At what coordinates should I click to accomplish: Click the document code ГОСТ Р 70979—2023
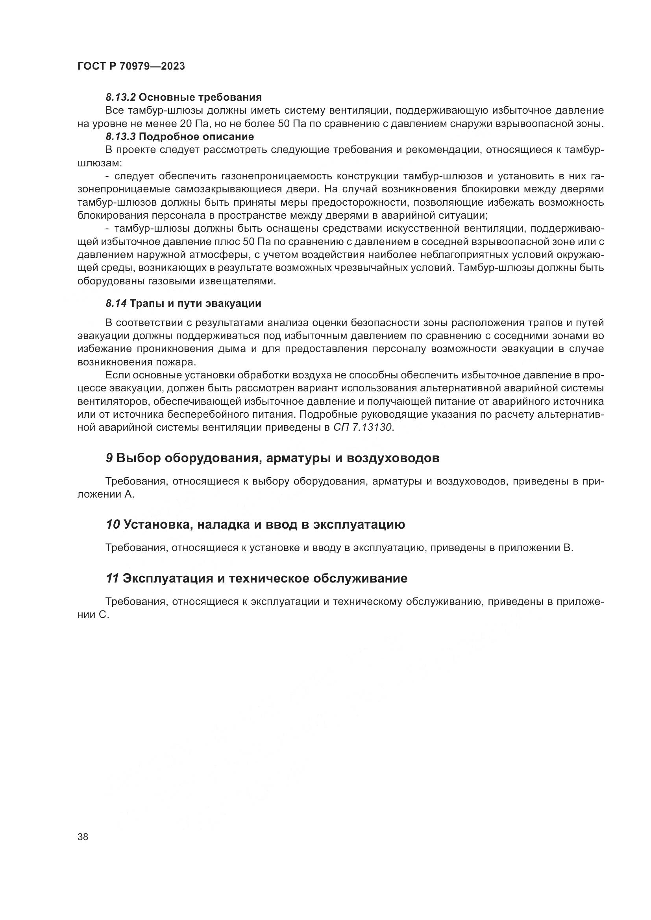tap(131, 66)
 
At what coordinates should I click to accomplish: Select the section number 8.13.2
tap(121, 98)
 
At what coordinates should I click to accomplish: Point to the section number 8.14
tap(116, 303)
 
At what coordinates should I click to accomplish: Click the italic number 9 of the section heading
tap(109, 458)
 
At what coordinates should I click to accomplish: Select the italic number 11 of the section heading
tap(112, 578)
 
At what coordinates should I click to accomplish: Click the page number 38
tap(83, 836)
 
